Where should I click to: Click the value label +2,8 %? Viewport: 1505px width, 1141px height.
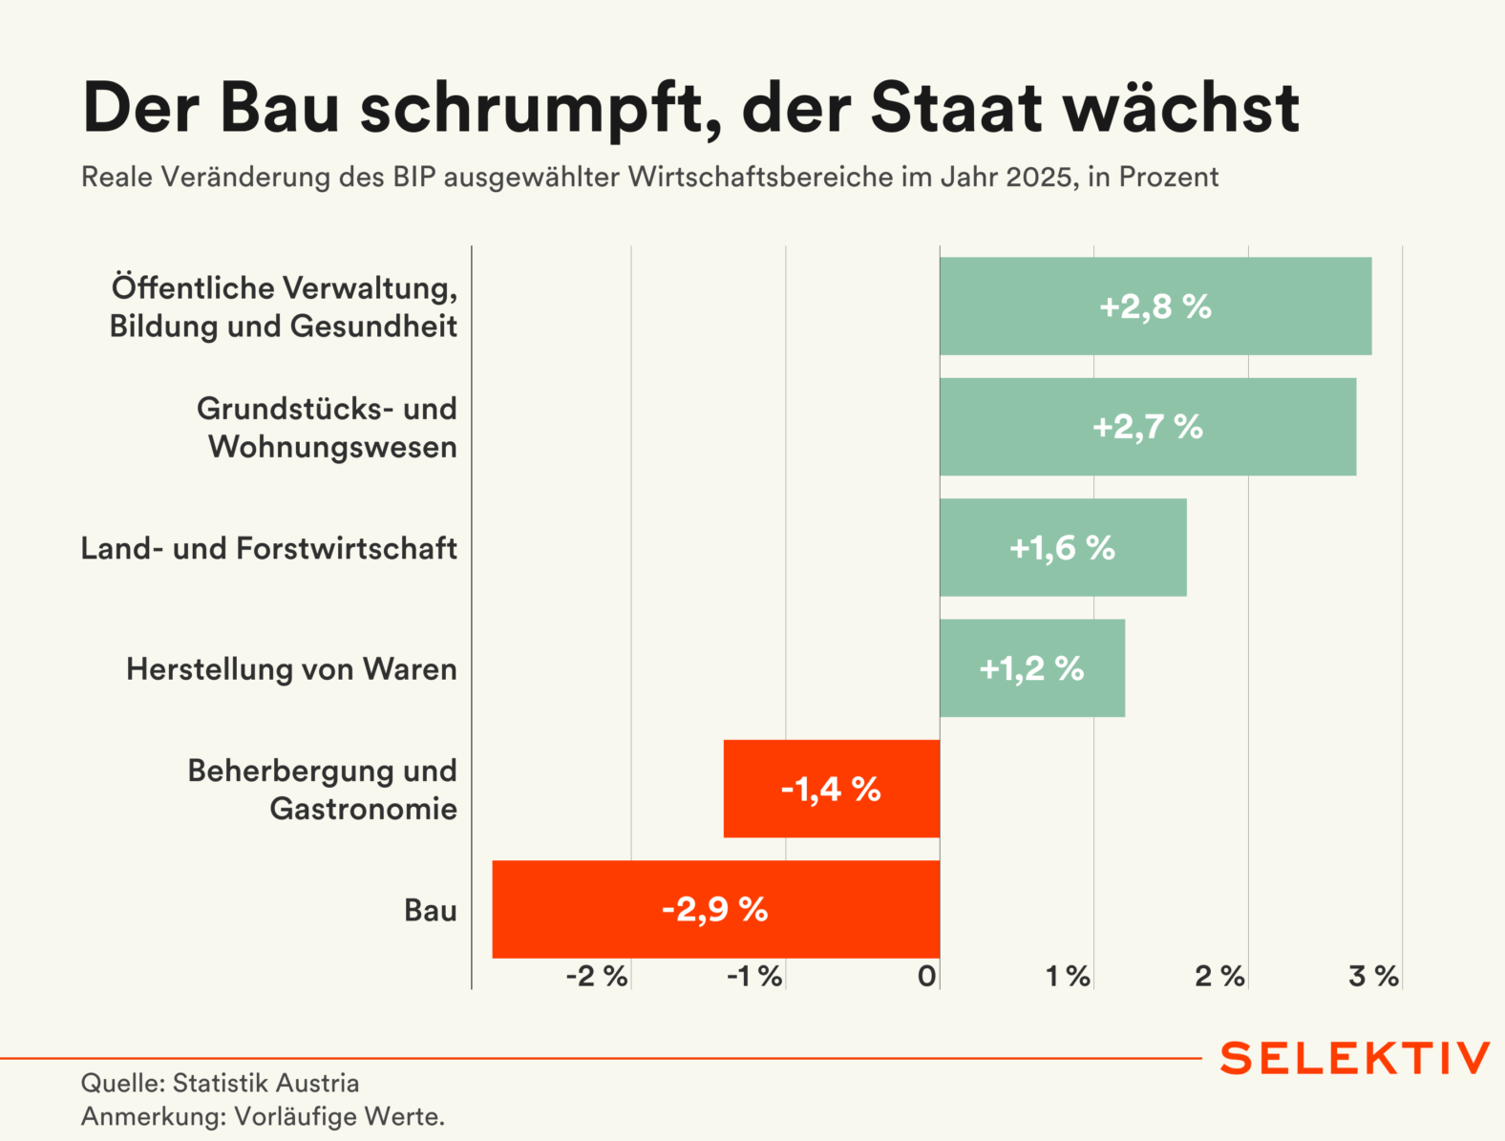(1155, 306)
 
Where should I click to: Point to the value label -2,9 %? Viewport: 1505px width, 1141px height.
(714, 909)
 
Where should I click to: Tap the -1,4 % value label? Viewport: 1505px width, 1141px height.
(830, 789)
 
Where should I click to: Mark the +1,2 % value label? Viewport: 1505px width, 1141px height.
(1031, 668)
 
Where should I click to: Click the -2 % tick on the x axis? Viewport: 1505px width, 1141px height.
(597, 976)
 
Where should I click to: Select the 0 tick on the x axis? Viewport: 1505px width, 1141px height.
(926, 976)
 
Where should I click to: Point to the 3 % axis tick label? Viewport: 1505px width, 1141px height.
(1373, 976)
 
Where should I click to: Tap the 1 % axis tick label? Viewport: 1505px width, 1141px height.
(1068, 976)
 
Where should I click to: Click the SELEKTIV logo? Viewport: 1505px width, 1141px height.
(1354, 1059)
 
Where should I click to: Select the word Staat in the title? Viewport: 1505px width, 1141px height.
(956, 107)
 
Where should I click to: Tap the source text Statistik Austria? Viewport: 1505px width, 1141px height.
(265, 1084)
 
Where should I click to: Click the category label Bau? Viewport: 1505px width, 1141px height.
(431, 910)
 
